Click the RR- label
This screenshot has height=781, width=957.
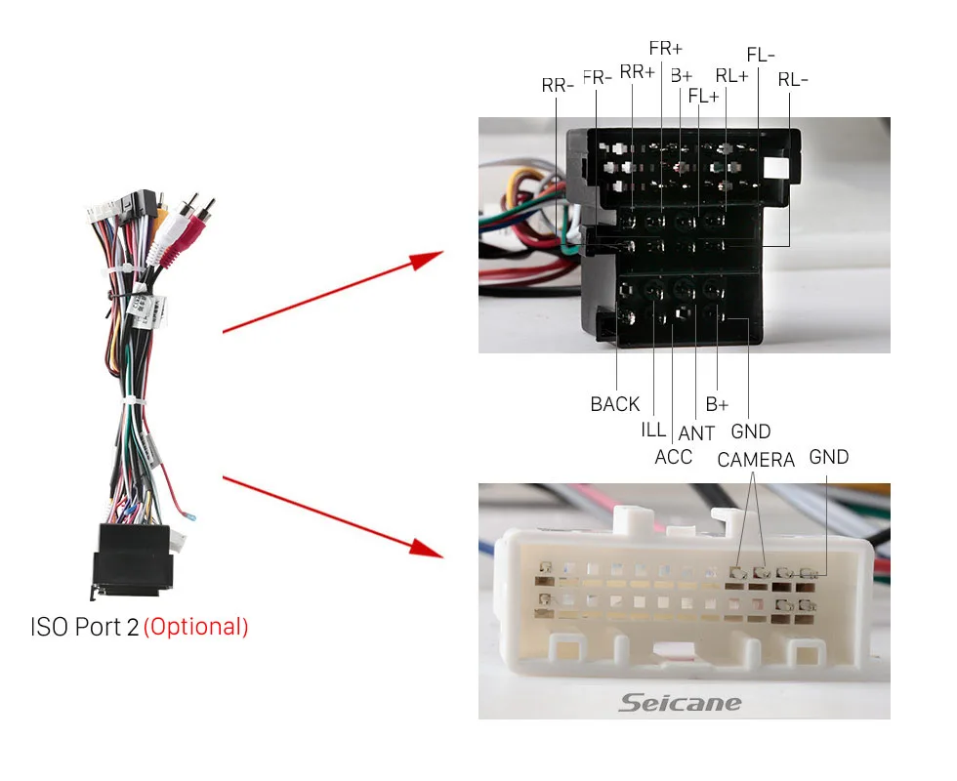pyautogui.click(x=558, y=85)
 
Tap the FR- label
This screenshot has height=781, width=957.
pyautogui.click(x=597, y=77)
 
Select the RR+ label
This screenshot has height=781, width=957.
pyautogui.click(x=637, y=71)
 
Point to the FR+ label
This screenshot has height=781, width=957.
pyautogui.click(x=665, y=48)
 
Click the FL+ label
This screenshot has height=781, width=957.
pyautogui.click(x=703, y=96)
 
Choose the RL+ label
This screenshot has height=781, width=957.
pyautogui.click(x=731, y=76)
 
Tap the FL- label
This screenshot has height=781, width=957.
pyautogui.click(x=761, y=55)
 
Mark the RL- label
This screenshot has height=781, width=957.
pyautogui.click(x=793, y=79)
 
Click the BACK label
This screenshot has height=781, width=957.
pyautogui.click(x=614, y=404)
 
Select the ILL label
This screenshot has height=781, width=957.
pyautogui.click(x=653, y=430)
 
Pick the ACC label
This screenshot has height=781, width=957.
pyautogui.click(x=673, y=457)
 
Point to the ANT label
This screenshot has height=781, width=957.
pyautogui.click(x=696, y=432)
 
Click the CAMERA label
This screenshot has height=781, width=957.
pyautogui.click(x=756, y=460)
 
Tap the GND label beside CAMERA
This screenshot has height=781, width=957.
pyautogui.click(x=828, y=457)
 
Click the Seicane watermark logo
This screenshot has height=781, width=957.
pyautogui.click(x=680, y=703)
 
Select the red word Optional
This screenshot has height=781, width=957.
pyautogui.click(x=196, y=627)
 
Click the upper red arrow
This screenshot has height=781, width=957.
pyautogui.click(x=333, y=292)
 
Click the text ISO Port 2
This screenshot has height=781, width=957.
pyautogui.click(x=84, y=627)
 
